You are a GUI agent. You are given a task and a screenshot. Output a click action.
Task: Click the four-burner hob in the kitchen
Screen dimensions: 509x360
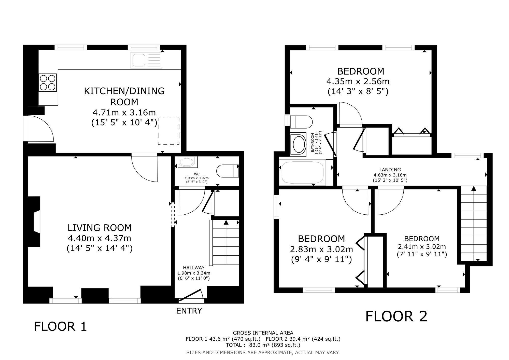48,82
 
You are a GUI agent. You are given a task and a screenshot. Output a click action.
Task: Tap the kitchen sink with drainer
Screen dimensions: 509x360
146,60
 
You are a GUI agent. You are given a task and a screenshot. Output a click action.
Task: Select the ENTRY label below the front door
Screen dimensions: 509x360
189,311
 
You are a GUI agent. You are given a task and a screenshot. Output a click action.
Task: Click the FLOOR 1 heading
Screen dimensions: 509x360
60,327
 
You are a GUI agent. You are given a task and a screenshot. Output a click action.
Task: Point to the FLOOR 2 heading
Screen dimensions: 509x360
396,316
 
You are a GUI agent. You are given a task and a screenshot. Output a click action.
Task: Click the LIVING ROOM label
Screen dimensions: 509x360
100,228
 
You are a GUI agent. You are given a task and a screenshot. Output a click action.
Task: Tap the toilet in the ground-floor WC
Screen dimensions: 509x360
228,171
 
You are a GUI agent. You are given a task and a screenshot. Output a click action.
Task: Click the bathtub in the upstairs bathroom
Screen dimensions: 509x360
302,172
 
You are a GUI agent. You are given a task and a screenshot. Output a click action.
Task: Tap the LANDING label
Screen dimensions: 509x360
390,170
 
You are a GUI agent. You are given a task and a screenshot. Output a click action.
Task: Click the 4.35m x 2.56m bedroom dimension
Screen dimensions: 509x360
358,81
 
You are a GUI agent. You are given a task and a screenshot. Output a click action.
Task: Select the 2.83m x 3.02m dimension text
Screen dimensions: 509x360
321,249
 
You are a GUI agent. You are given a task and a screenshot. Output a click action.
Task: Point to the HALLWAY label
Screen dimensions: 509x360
194,268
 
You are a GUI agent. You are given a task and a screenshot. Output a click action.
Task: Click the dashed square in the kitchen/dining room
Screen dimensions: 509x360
169,131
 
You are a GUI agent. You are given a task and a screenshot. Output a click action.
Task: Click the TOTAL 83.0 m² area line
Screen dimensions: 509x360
263,345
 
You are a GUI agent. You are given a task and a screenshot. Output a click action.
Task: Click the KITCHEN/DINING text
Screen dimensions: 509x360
124,91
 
